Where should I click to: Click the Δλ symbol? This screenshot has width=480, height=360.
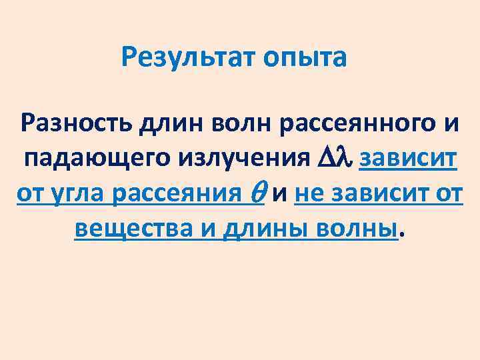(335, 159)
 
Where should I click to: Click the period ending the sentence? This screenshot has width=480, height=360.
(401, 235)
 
